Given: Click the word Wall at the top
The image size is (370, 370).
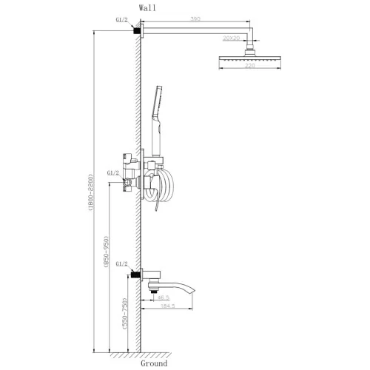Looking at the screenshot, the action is click(x=147, y=8).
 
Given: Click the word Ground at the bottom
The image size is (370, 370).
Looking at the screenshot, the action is click(x=154, y=363).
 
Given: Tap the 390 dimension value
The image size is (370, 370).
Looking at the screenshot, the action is click(x=195, y=19).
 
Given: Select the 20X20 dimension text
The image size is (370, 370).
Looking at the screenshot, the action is click(x=231, y=38).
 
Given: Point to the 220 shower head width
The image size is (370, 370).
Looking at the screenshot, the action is click(x=250, y=66).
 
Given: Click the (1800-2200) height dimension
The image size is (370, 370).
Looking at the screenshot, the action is click(x=90, y=192).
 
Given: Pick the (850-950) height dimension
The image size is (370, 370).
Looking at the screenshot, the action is click(x=106, y=252).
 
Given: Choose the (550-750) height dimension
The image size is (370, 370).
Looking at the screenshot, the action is click(x=126, y=314).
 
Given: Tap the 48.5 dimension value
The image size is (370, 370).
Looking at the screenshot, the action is click(x=164, y=297).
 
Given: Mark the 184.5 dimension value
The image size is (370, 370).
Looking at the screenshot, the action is click(x=168, y=306).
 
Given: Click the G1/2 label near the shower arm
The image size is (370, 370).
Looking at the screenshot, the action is click(x=121, y=20).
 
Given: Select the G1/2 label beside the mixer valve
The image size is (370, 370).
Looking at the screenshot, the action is click(x=112, y=173).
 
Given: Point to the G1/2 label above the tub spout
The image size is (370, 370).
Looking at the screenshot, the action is click(x=121, y=264).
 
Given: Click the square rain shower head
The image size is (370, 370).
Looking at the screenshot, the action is click(x=250, y=58).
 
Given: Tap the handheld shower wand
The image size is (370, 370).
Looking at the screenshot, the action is click(x=157, y=121).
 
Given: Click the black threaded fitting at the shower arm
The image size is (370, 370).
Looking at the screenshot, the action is click(x=136, y=30).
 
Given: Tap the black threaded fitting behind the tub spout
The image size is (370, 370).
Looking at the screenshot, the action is click(x=135, y=275).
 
